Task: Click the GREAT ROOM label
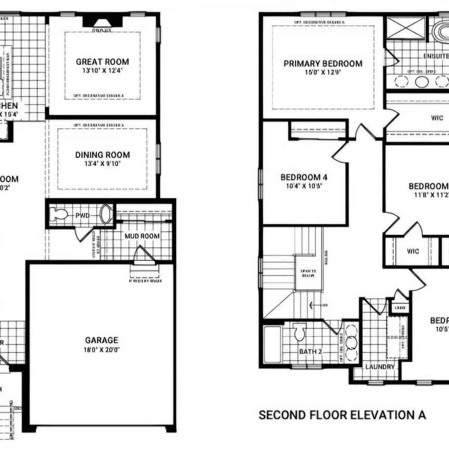102,61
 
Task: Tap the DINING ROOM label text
102,155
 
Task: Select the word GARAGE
102,340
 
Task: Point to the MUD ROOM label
142,236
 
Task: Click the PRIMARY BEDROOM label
323,63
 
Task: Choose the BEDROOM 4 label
304,177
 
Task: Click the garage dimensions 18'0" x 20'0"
102,350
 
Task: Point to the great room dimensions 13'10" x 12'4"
102,71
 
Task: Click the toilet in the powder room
60,215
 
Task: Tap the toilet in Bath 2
300,332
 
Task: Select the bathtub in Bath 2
272,344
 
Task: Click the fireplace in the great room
102,21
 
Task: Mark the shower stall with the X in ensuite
406,28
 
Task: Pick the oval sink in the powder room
107,214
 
